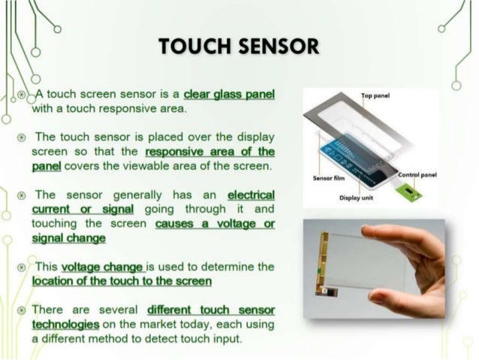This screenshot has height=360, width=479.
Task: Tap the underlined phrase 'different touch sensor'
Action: [211, 310]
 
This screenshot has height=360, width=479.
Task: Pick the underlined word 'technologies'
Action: [65, 324]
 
